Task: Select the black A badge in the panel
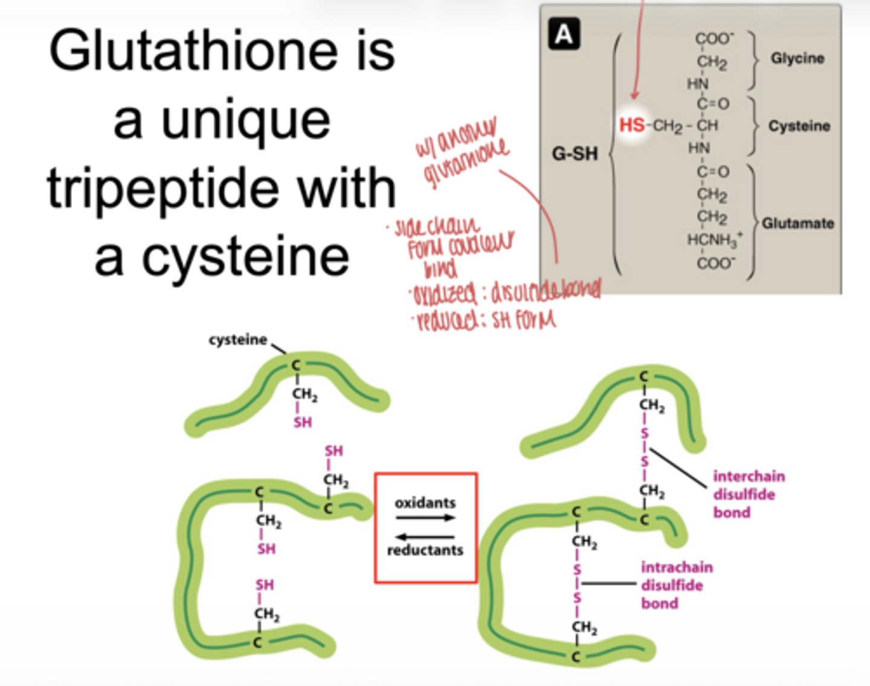[x=564, y=34]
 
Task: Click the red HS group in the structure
[x=631, y=125]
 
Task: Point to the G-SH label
[x=575, y=154]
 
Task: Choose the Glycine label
[x=797, y=58]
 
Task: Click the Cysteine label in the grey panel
[x=799, y=126]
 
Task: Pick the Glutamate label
[x=797, y=223]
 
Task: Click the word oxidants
[x=425, y=503]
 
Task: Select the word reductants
[x=425, y=550]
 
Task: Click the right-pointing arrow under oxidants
[x=425, y=518]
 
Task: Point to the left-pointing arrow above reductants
[x=425, y=537]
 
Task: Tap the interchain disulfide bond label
[x=748, y=494]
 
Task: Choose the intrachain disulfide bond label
[x=676, y=585]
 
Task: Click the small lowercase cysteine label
[x=237, y=340]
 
